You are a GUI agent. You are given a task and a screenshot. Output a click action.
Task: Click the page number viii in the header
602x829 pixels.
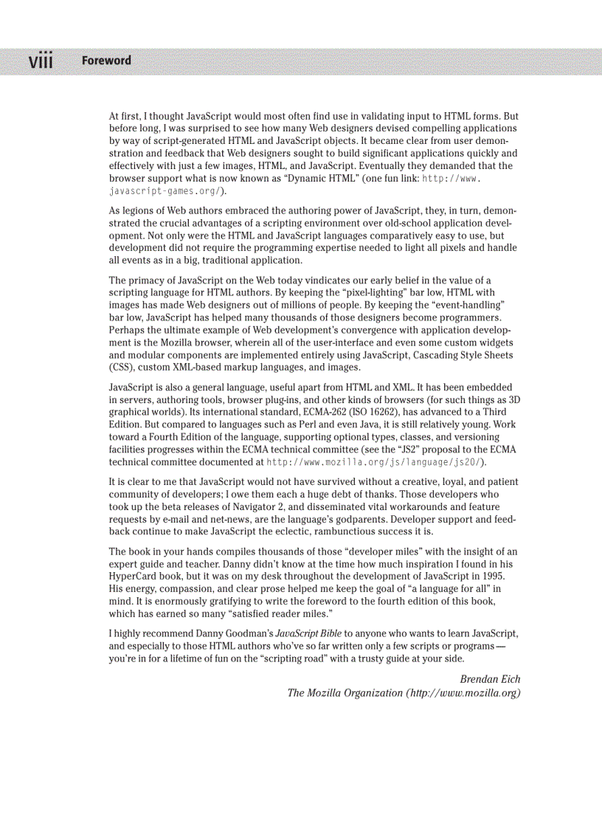pos(41,61)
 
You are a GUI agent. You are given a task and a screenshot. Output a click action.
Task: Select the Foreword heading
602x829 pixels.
pos(106,61)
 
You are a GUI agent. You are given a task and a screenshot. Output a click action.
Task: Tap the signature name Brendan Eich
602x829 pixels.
pos(490,679)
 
